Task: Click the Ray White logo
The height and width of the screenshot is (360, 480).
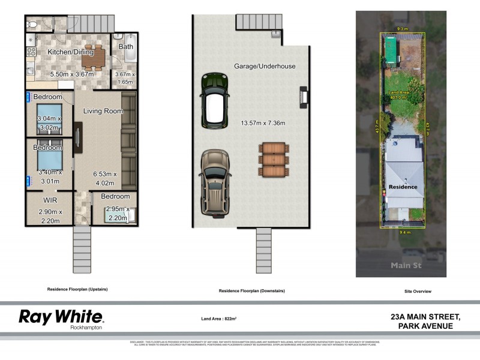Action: pyautogui.click(x=61, y=317)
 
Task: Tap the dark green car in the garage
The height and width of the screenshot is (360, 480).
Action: pyautogui.click(x=214, y=100)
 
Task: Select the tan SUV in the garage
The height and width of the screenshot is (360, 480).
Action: pyautogui.click(x=214, y=181)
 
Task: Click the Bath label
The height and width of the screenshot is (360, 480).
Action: pyautogui.click(x=126, y=46)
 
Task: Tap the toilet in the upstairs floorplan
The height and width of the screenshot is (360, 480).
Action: pyautogui.click(x=32, y=25)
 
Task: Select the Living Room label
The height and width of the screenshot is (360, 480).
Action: pyautogui.click(x=103, y=111)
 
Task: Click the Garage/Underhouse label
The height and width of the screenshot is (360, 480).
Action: pyautogui.click(x=265, y=66)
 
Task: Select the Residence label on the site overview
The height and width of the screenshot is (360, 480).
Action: pyautogui.click(x=403, y=187)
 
